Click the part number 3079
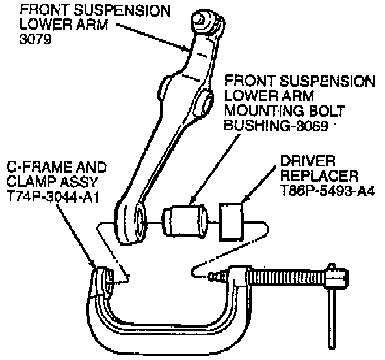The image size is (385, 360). coord(35,39)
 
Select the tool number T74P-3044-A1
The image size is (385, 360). coord(53,197)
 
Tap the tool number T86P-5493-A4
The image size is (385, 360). coord(327,190)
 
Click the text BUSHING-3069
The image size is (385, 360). coord(276,126)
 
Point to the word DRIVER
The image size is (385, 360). coord(308,161)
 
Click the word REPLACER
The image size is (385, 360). coord(319,175)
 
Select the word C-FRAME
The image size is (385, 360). coord(38,167)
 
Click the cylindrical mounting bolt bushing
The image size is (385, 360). coord(185,221)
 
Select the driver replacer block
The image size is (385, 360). coord(231,222)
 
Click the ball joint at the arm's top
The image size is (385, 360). coord(207,22)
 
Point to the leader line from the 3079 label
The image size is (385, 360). coord(153,38)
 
